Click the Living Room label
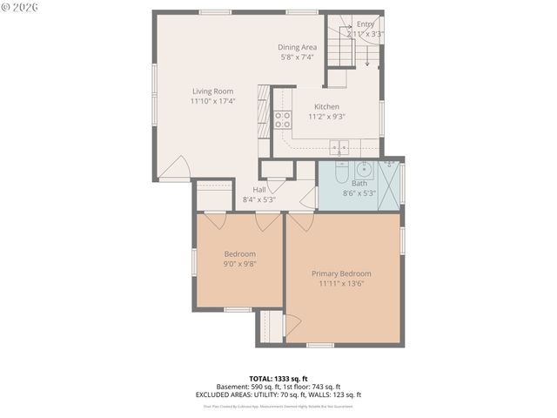click(212, 91)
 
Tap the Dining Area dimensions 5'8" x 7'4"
click(297, 57)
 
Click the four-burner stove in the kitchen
click(283, 120)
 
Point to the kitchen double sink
click(339, 146)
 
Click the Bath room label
click(359, 183)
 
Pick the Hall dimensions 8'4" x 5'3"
click(258, 199)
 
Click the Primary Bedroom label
click(341, 273)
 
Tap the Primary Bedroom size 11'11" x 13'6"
click(341, 283)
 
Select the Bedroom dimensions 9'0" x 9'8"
click(239, 264)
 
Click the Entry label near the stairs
click(366, 24)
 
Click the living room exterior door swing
click(177, 165)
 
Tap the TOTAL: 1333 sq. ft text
click(278, 379)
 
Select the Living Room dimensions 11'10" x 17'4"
click(212, 101)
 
